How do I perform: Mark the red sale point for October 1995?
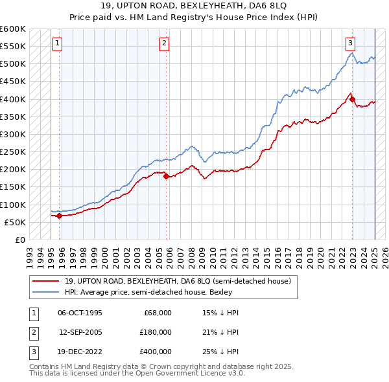coord(59,216)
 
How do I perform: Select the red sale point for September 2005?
coord(166,176)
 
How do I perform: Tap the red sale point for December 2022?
coord(352,99)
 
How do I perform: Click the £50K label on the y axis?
coord(16,222)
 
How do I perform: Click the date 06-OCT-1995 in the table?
coord(80,313)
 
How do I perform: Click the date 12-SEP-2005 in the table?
coord(80,333)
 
